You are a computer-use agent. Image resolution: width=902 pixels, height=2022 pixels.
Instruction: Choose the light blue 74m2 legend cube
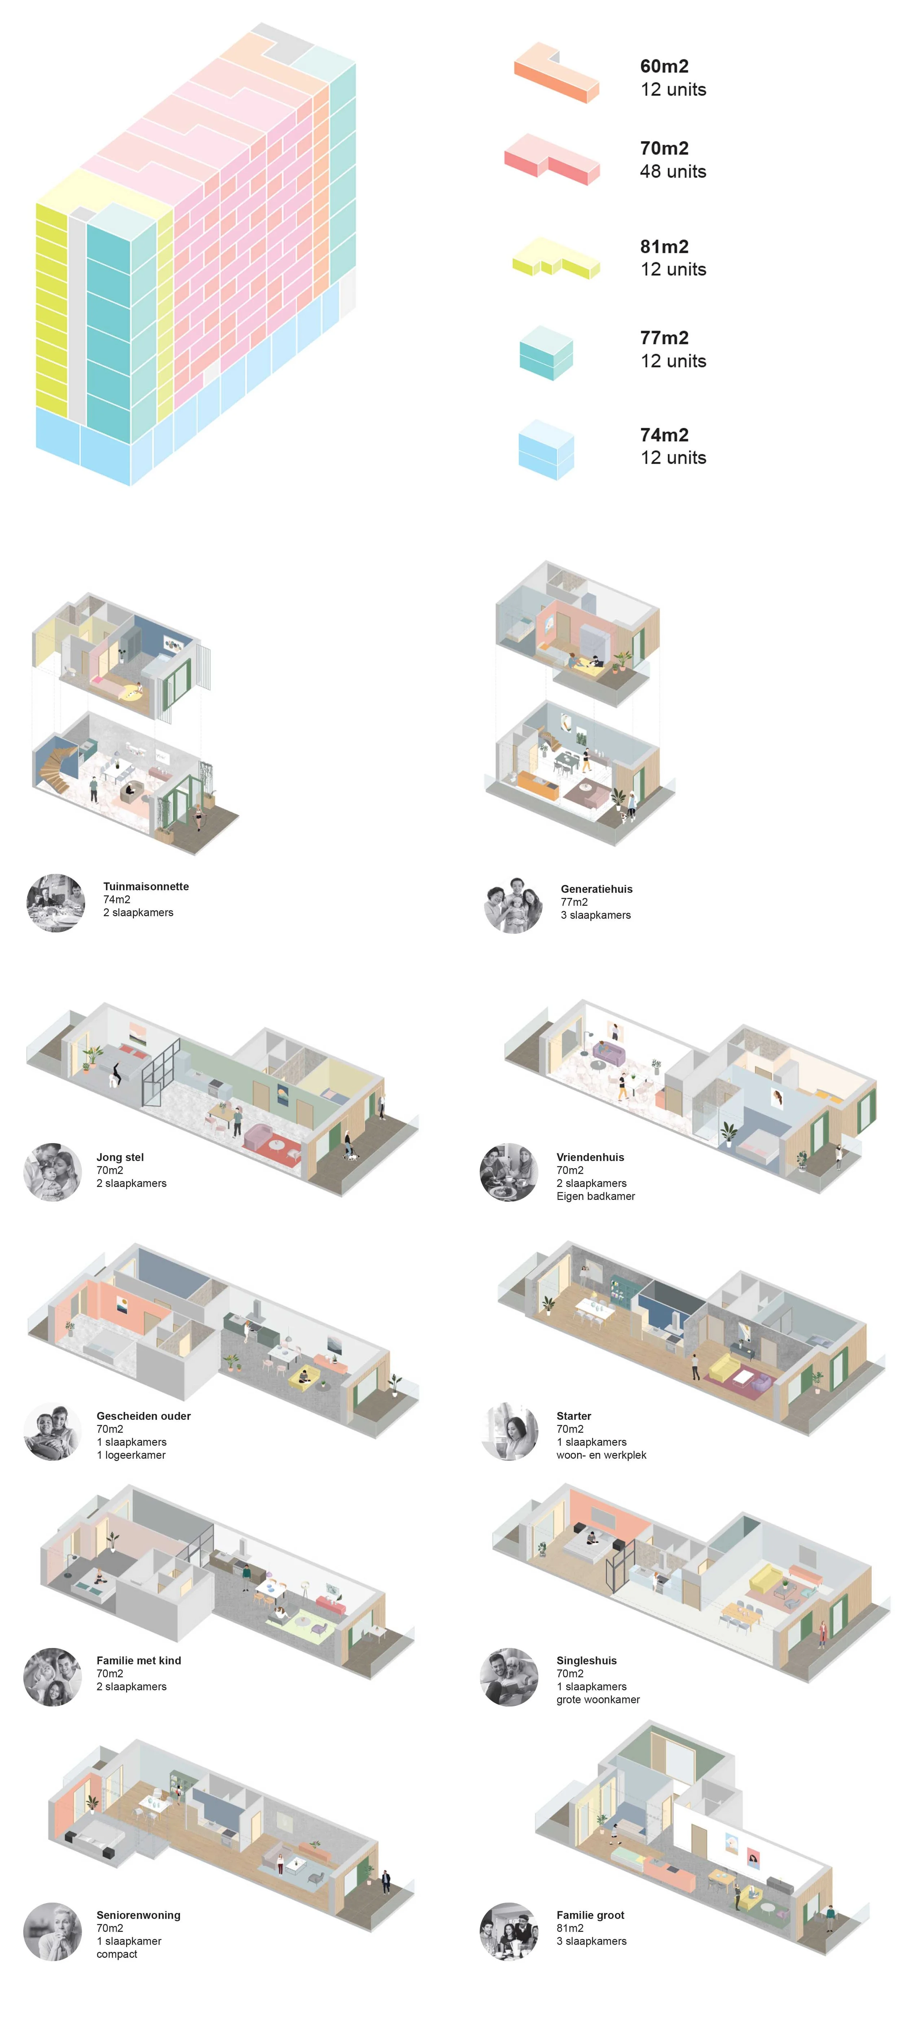coord(546,450)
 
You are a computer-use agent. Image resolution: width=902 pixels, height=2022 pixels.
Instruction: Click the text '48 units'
coord(673,171)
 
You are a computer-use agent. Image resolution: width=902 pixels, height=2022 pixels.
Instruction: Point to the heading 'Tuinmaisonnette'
coord(146,886)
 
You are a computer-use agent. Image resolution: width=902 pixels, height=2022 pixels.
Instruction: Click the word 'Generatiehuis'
coord(596,888)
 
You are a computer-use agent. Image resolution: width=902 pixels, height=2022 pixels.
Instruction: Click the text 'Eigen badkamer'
coord(595,1196)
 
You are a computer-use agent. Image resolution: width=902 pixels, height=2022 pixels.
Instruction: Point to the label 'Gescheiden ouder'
coord(144,1416)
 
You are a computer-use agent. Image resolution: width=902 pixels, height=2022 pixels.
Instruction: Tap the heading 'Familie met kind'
coord(138,1660)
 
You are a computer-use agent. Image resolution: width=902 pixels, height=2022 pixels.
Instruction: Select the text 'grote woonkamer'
coord(597,1699)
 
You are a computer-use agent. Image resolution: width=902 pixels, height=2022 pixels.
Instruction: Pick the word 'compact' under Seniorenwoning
coord(116,1954)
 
